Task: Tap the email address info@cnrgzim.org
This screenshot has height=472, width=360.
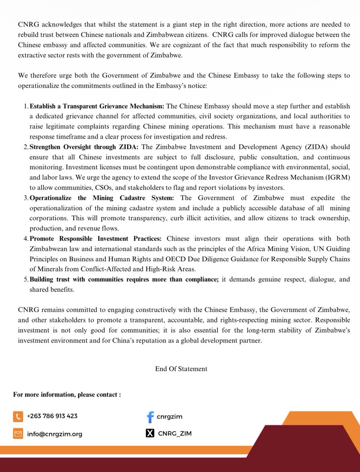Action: pos(55,434)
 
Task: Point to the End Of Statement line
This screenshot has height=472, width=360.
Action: pos(181,369)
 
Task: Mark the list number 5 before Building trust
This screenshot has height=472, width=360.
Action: pos(25,280)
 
